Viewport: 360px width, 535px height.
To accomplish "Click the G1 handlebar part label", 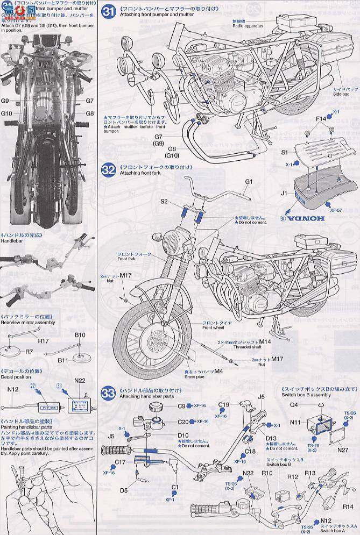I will [249, 182].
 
